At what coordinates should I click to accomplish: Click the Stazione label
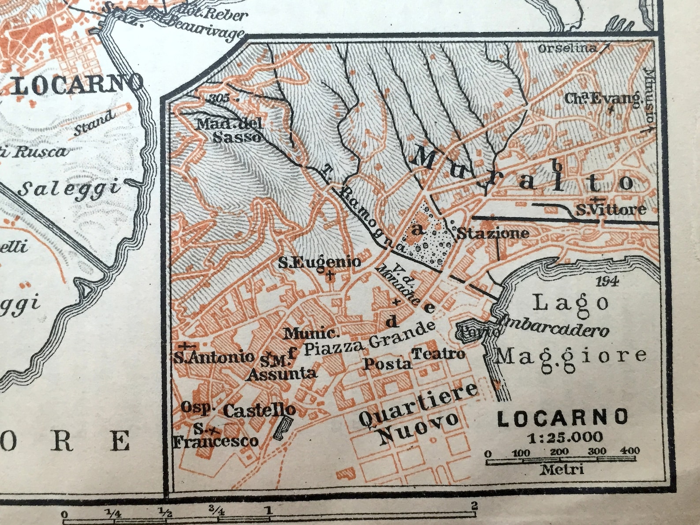[492, 233]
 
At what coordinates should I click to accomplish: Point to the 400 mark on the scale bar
[629, 451]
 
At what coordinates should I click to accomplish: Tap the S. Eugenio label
[320, 263]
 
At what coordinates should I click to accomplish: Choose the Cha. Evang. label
[603, 99]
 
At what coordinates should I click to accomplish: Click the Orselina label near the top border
[567, 48]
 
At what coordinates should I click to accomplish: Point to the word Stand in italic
[93, 125]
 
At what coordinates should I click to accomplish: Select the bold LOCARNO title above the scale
[562, 417]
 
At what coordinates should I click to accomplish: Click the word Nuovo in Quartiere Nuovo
[418, 427]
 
